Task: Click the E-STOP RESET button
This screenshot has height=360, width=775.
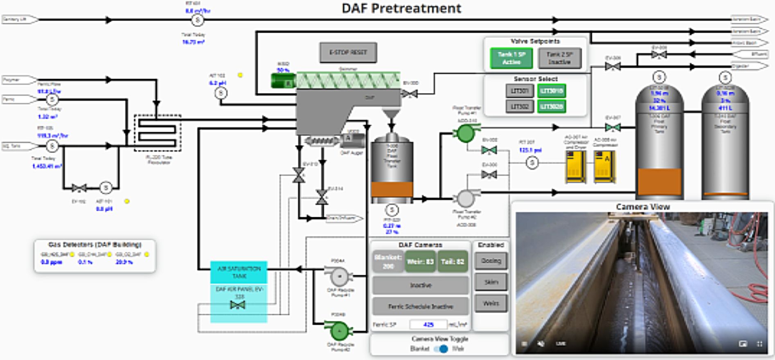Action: [348, 52]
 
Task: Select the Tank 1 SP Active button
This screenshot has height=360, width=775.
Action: [511, 58]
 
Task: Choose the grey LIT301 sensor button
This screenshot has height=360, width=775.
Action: [520, 91]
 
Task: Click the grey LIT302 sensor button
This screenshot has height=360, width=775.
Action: [520, 107]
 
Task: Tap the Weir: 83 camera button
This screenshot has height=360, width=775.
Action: [420, 262]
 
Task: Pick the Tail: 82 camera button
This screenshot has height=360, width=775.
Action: [452, 262]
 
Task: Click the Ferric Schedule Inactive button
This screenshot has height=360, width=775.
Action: [420, 306]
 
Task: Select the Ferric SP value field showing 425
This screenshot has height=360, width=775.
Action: [428, 324]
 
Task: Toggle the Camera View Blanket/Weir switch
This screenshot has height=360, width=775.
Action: [441, 349]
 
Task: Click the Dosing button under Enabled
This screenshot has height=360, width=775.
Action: [491, 261]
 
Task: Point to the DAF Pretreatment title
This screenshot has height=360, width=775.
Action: [401, 8]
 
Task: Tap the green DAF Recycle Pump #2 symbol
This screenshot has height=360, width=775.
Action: [339, 331]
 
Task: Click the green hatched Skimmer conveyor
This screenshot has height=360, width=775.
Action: [348, 80]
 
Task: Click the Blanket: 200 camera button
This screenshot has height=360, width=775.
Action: [388, 262]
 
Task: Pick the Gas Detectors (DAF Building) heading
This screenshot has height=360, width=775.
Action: [95, 245]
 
